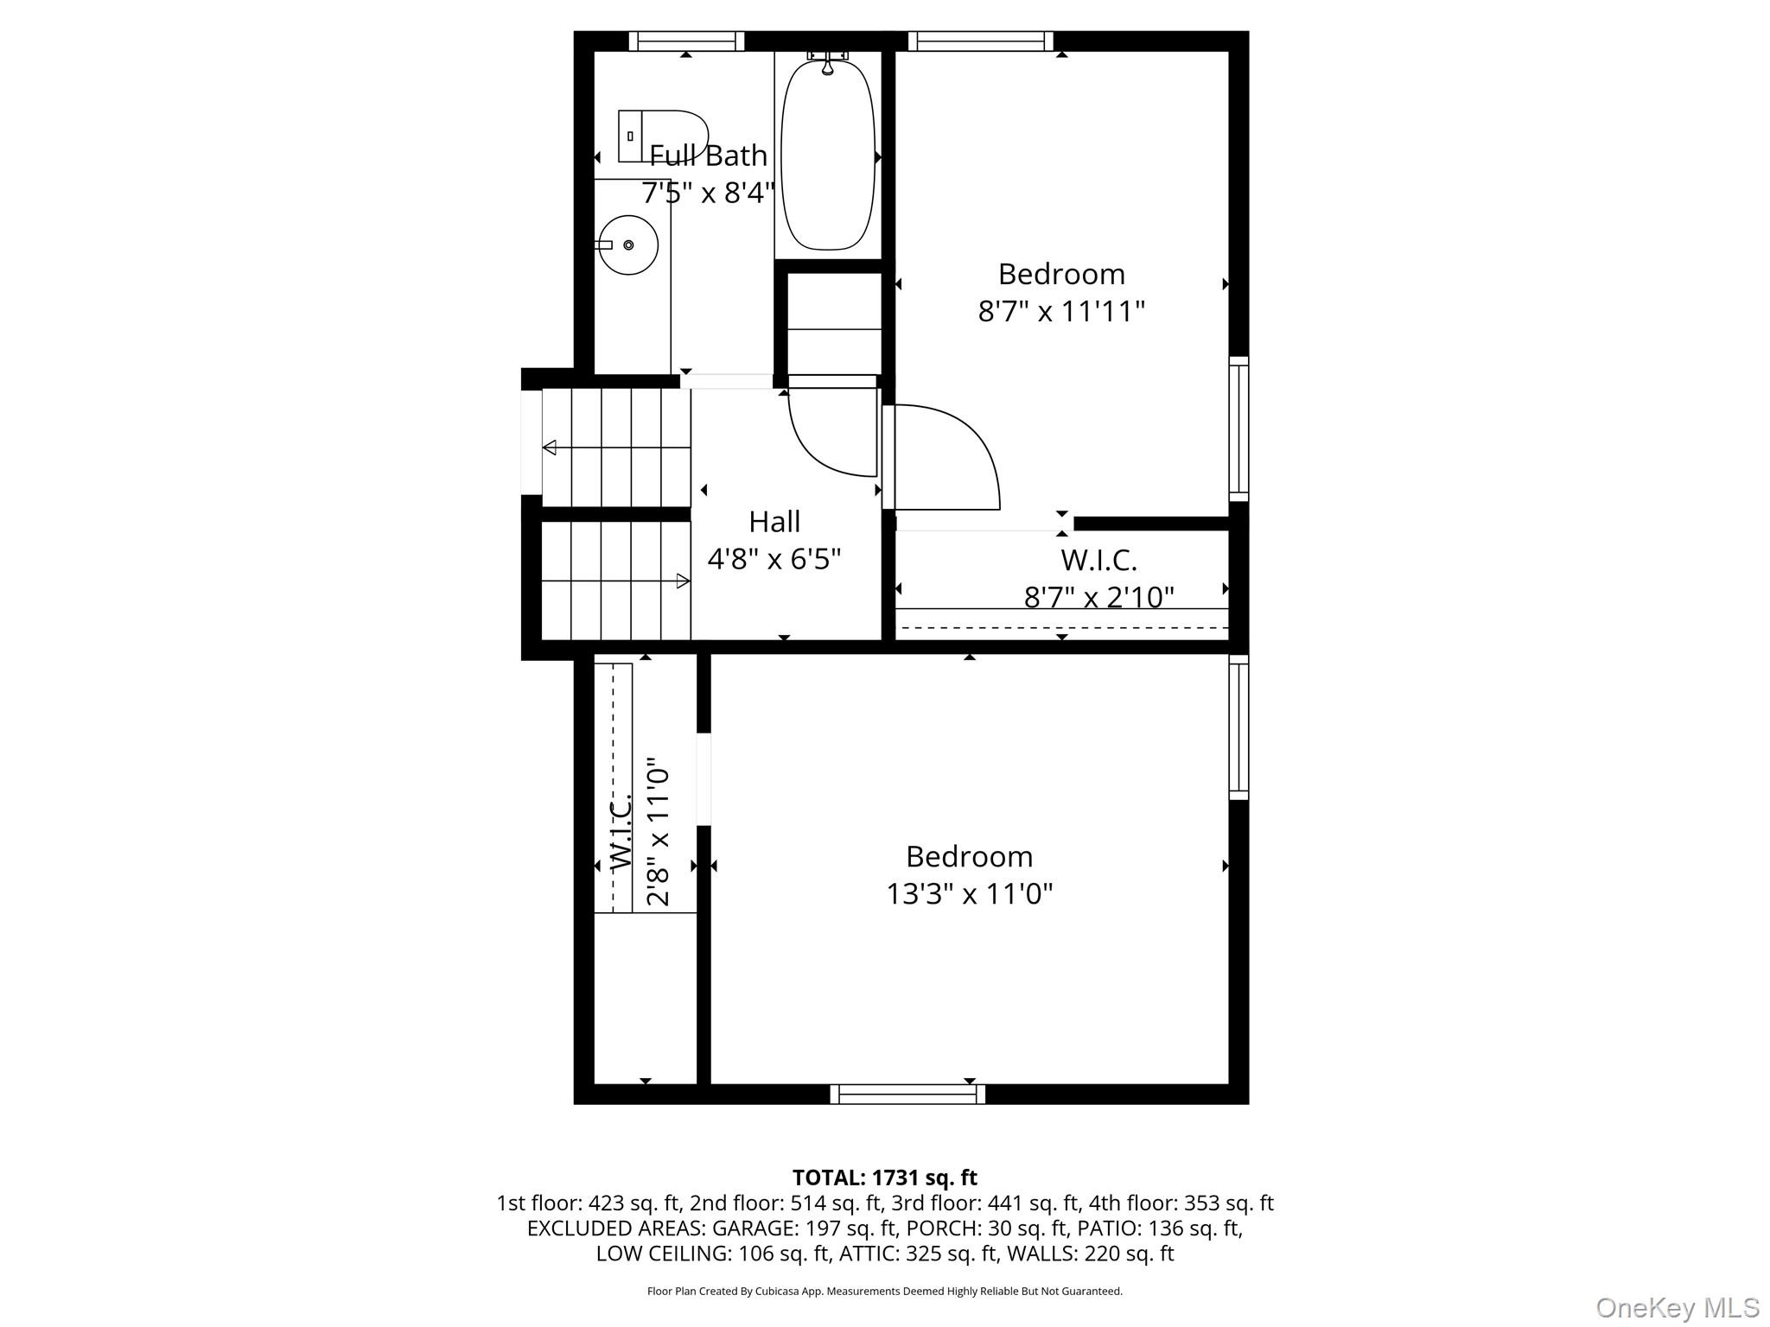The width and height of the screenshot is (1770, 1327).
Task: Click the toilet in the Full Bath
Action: click(x=663, y=136)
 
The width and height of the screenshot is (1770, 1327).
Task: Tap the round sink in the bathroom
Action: click(x=627, y=245)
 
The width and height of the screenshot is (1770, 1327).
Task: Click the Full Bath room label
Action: click(x=708, y=156)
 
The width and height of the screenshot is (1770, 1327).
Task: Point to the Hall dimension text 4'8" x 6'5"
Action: click(x=774, y=559)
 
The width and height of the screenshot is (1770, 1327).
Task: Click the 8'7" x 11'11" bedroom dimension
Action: click(x=1061, y=311)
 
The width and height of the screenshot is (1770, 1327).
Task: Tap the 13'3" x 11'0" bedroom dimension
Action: click(x=970, y=893)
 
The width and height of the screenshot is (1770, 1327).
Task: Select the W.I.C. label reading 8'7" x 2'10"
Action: click(x=1099, y=597)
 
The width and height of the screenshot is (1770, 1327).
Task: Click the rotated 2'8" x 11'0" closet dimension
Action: click(x=659, y=832)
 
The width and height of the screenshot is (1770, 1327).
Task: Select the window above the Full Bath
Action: click(x=686, y=41)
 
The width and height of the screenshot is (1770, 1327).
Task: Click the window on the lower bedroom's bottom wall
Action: click(x=907, y=1095)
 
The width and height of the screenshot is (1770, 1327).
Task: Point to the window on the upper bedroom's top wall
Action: click(x=981, y=41)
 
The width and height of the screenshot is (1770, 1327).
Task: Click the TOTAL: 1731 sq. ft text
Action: click(x=885, y=1178)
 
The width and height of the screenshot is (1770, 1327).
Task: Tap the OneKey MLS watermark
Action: click(x=1678, y=1307)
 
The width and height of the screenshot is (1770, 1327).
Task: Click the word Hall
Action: click(x=774, y=522)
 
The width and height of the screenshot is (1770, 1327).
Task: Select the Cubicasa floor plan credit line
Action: click(x=885, y=1292)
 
